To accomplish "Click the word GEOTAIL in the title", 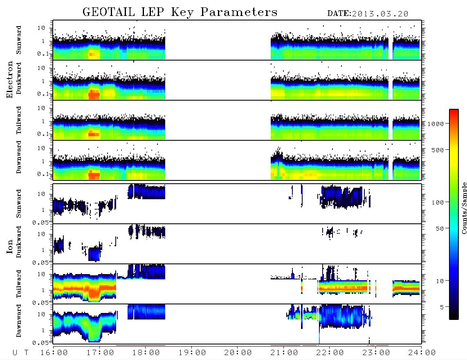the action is (109, 12).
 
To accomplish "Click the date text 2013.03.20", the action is (380, 14).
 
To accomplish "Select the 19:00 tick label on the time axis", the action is (192, 353).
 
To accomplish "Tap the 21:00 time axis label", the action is (285, 353).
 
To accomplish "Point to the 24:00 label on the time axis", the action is (422, 353).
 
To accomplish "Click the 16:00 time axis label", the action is (54, 353).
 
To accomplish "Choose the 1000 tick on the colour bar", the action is (436, 124).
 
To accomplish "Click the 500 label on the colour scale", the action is (438, 150).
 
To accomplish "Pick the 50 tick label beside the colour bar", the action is (440, 229).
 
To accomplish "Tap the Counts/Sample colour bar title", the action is (464, 208).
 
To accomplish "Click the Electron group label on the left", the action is (10, 80).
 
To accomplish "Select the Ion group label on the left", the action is (10, 247).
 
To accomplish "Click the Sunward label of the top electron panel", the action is (18, 40).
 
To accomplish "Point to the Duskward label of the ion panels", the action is (18, 242).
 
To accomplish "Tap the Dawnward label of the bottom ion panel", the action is (18, 320).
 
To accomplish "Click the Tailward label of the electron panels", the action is (18, 120).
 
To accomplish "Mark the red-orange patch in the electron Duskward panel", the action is (94, 94).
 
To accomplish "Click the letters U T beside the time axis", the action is (20, 353).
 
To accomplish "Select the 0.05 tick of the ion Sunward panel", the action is (42, 222).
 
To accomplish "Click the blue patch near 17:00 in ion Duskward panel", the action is (94, 254).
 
